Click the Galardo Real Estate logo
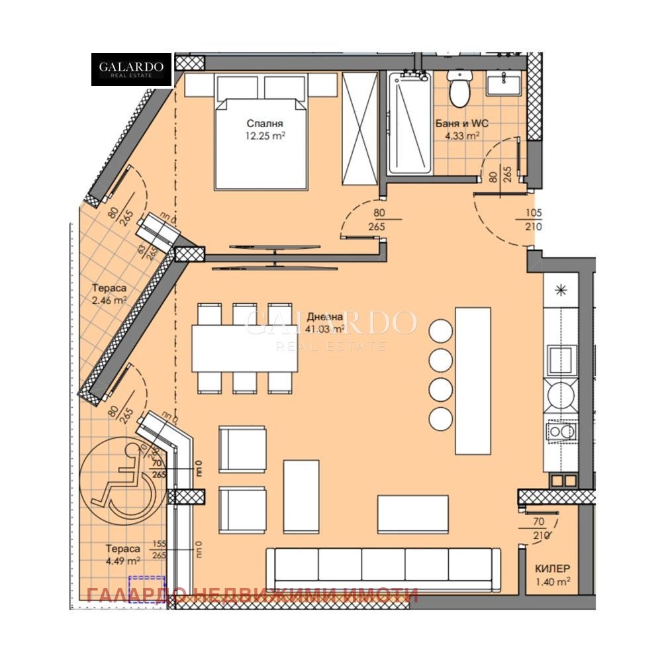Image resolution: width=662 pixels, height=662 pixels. click(131, 70)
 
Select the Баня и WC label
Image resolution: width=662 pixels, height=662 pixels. click(457, 129)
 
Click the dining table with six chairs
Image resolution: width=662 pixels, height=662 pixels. click(244, 348)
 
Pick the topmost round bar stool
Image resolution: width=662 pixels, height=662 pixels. click(440, 328)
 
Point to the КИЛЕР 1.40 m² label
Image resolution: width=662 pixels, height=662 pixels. click(553, 574)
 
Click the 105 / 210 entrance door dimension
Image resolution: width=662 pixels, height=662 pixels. click(533, 220)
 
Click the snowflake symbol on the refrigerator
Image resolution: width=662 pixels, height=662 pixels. click(561, 290)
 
